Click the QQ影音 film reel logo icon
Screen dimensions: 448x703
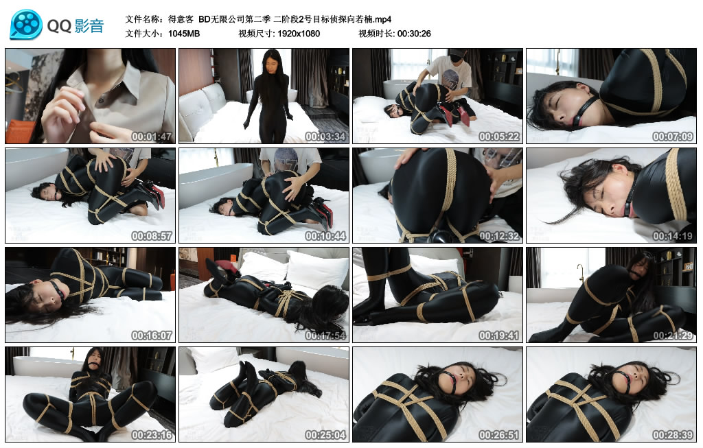click(26, 25)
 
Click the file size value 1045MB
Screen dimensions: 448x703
click(184, 33)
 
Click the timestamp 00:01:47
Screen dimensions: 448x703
click(152, 137)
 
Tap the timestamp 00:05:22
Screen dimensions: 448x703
click(500, 137)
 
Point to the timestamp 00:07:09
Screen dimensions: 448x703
click(673, 137)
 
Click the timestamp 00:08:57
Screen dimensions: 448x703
click(152, 236)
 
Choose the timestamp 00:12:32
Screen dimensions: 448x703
click(500, 236)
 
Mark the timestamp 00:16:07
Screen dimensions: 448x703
click(152, 335)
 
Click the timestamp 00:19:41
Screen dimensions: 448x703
click(500, 335)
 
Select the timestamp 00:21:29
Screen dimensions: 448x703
click(673, 335)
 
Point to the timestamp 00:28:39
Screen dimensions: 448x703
click(673, 435)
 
